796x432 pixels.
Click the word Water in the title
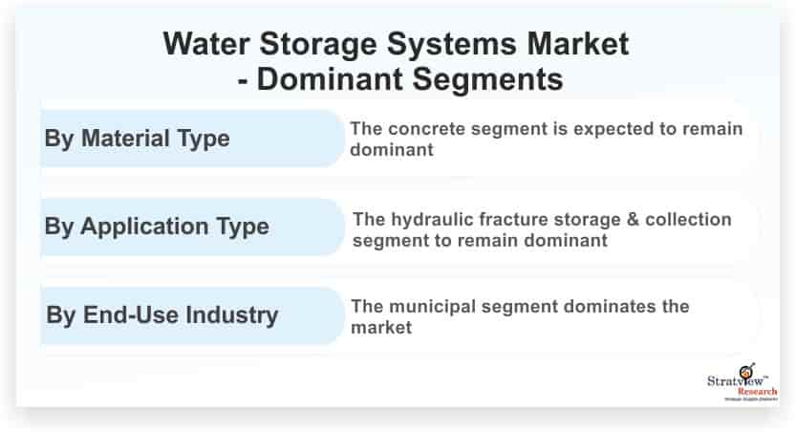pos(206,44)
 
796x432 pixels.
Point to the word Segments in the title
pos(487,79)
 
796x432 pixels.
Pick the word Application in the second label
pos(144,227)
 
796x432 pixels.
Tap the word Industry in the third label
pos(231,315)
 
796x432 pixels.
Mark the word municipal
pos(434,308)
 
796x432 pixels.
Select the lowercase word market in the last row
pos(381,328)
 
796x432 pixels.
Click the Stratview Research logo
pos(742,382)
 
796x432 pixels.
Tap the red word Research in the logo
pos(758,392)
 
